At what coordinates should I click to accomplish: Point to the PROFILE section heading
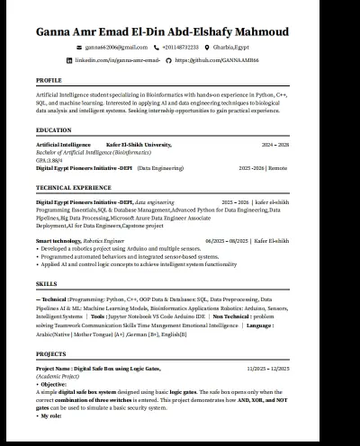point(49,80)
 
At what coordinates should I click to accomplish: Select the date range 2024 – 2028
point(275,144)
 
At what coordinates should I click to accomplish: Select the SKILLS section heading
point(46,282)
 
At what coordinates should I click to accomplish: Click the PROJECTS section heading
point(51,354)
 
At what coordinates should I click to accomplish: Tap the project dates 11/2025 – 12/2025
point(267,369)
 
